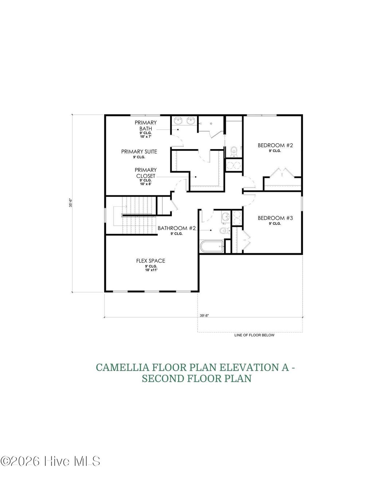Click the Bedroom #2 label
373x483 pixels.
[x=275, y=145]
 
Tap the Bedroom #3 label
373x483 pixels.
[x=275, y=218]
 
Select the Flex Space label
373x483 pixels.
[x=150, y=261]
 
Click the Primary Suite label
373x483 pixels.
[x=139, y=152]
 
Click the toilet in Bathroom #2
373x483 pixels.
[x=224, y=230]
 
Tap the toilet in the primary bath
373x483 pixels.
[x=234, y=150]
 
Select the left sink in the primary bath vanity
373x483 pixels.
[x=178, y=121]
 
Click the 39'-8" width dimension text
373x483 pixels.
[x=204, y=316]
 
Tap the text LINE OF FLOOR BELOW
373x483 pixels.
[x=254, y=335]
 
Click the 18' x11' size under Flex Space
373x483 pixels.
[x=150, y=270]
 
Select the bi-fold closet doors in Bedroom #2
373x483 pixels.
[x=282, y=172]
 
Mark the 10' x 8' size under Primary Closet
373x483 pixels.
[x=145, y=184]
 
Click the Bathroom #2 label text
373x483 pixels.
[x=177, y=228]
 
